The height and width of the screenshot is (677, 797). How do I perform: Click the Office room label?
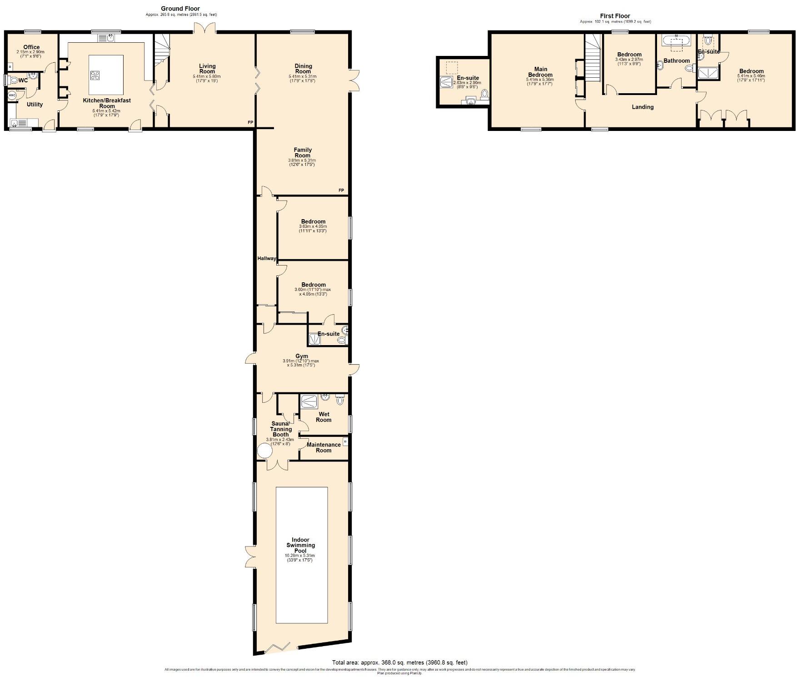(31, 47)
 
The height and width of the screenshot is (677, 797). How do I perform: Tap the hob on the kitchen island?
(95, 75)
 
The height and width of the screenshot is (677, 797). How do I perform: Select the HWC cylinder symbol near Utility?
(12, 95)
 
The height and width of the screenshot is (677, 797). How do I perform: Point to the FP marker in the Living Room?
(250, 123)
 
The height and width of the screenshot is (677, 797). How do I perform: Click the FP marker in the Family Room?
(341, 190)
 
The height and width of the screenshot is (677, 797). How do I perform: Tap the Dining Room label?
(303, 69)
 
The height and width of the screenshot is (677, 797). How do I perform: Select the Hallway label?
(267, 258)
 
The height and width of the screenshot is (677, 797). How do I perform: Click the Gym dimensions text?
(301, 363)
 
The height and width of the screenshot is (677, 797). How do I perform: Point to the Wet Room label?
(324, 417)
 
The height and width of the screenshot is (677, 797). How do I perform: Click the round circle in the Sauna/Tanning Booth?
(264, 451)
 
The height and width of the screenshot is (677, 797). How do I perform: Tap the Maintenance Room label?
(324, 447)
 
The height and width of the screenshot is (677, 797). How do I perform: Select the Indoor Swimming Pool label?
(300, 545)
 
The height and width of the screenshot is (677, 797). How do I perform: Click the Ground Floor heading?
(180, 8)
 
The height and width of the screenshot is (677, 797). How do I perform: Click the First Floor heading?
(615, 15)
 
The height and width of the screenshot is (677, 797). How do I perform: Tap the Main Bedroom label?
(540, 72)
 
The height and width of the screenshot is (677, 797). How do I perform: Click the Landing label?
(643, 107)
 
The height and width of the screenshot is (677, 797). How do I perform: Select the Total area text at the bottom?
(399, 662)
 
